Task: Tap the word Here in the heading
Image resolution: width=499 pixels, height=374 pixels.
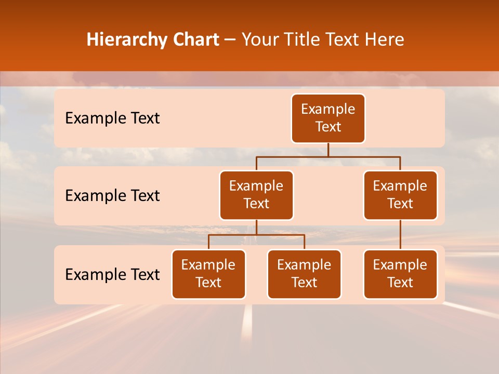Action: [x=385, y=40]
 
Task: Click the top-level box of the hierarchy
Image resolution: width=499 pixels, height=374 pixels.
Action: [x=328, y=118]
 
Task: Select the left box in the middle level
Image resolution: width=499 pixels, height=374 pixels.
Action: [x=256, y=195]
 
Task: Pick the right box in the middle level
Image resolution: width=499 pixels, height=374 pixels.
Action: [x=400, y=195]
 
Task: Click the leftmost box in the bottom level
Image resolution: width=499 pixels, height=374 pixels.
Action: [x=208, y=274]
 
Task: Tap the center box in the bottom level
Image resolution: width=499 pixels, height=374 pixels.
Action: [x=304, y=274]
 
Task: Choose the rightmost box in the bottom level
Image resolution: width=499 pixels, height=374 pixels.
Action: [x=400, y=274]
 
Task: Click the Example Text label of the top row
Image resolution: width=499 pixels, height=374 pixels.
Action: [x=112, y=118]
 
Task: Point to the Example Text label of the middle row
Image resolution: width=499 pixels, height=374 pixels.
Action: [x=112, y=196]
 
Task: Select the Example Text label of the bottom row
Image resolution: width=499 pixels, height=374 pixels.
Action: [x=112, y=275]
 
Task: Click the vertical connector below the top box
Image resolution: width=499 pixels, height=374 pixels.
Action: [x=328, y=150]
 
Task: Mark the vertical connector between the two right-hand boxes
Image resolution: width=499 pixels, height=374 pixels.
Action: [x=400, y=235]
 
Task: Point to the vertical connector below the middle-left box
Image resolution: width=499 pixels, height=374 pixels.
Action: [x=256, y=228]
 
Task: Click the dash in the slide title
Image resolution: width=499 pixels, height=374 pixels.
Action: [x=230, y=41]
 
